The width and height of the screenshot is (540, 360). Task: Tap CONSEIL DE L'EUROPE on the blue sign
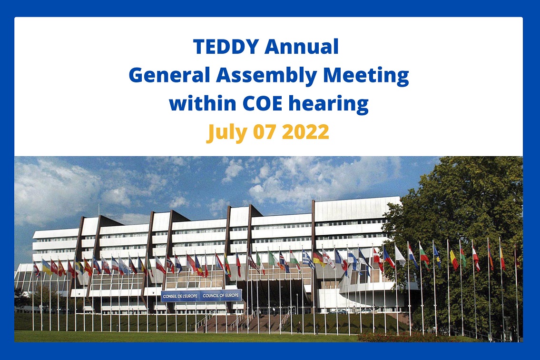point(181,296)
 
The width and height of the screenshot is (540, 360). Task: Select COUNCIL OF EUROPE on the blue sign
point(221,296)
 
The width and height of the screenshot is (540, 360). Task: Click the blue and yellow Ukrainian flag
point(47,267)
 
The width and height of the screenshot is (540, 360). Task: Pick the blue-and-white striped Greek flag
point(308,260)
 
